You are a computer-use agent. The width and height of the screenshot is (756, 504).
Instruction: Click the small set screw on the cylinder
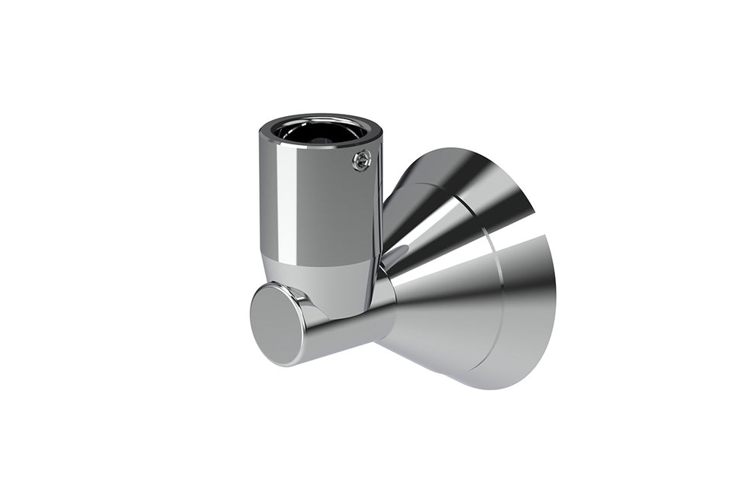point(362,160)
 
